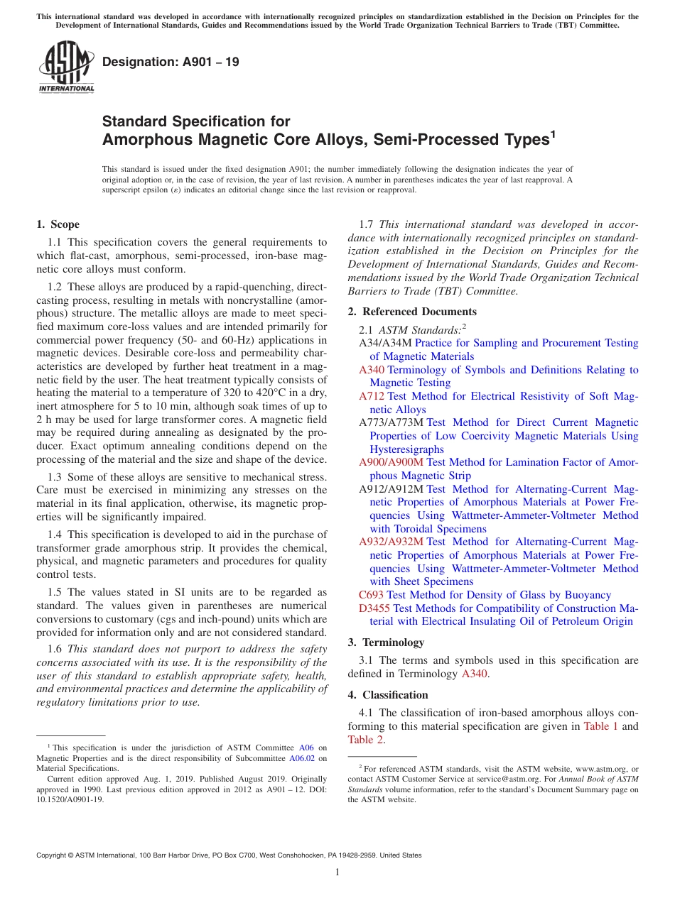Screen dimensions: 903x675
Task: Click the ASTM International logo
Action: pyautogui.click(x=66, y=67)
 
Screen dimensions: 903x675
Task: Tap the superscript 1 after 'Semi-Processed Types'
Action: pyautogui.click(x=553, y=133)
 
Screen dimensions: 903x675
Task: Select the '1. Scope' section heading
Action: pyautogui.click(x=58, y=224)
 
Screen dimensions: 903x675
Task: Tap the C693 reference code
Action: pyautogui.click(x=371, y=595)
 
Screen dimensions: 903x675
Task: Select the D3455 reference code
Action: pyautogui.click(x=374, y=608)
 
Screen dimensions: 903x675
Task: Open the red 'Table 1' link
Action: pyautogui.click(x=600, y=726)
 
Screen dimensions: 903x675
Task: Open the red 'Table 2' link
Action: pyautogui.click(x=365, y=740)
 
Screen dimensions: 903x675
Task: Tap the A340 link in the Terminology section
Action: pyautogui.click(x=474, y=674)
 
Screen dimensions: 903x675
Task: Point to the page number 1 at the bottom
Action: pyautogui.click(x=337, y=872)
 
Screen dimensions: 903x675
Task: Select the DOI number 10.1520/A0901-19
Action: pyautogui.click(x=71, y=799)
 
